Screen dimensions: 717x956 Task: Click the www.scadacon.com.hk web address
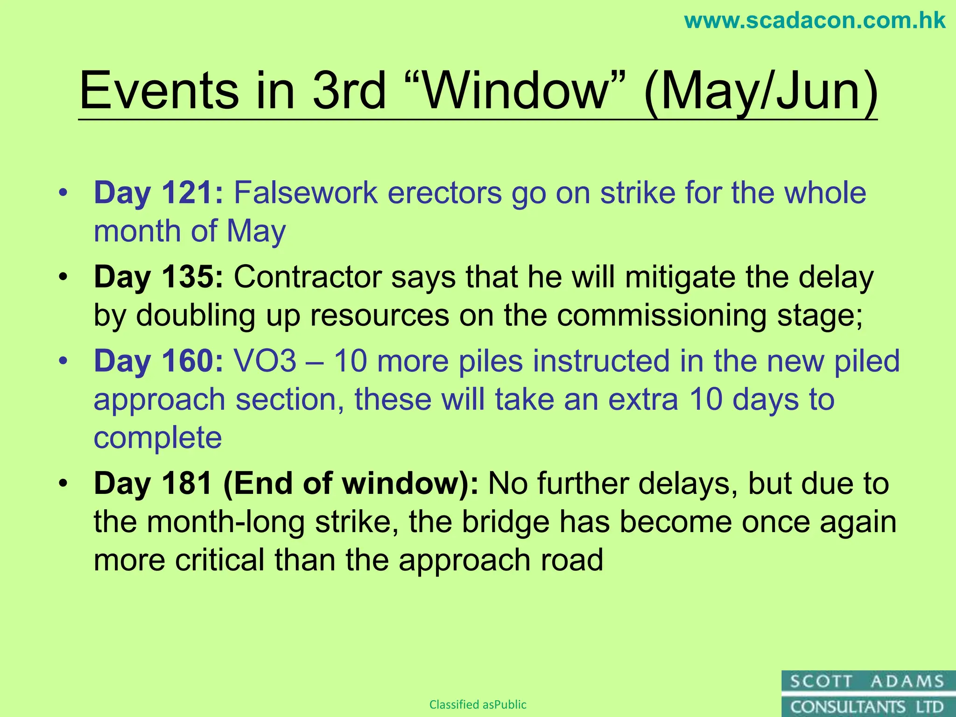point(815,21)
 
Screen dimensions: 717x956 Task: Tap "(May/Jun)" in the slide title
point(760,91)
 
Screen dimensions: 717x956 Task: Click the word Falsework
point(306,193)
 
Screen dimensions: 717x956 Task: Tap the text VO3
point(265,361)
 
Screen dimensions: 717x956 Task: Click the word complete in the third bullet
point(158,438)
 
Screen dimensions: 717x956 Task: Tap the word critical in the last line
point(220,560)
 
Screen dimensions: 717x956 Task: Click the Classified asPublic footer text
point(478,704)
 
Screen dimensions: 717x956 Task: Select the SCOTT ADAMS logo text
point(867,682)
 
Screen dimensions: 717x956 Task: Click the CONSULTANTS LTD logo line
point(867,707)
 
